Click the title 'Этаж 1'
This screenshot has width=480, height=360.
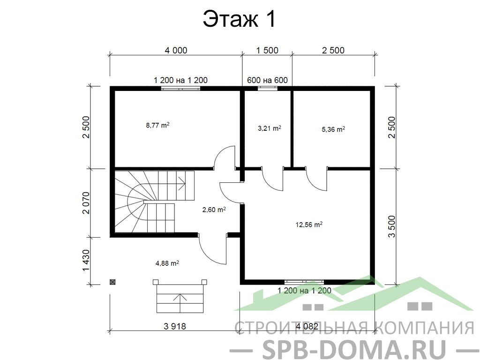240,19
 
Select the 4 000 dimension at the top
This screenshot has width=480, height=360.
176,50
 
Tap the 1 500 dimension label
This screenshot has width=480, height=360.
267,50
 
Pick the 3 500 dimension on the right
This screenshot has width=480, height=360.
391,226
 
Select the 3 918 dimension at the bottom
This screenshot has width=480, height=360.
175,326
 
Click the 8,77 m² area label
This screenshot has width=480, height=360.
158,125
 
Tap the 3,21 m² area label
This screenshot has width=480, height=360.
270,128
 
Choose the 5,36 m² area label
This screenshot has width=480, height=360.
333,129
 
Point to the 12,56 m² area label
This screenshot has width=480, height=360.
309,225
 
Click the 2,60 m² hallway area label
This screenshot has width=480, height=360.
214,210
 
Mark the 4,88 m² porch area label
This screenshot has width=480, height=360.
167,263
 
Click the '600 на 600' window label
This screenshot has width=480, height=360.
267,80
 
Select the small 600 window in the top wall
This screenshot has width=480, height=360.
267,89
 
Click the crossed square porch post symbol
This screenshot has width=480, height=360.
113,282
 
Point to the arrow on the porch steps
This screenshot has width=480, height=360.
180,303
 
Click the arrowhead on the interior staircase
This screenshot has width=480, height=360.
183,185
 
